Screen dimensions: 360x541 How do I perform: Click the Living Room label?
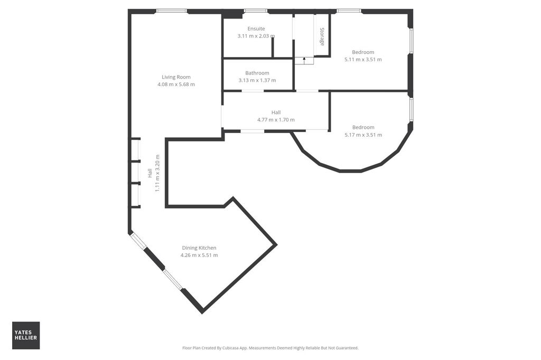tap(176, 77)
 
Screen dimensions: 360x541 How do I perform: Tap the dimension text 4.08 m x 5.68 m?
tap(176, 84)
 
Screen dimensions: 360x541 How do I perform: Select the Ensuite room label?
tap(256, 29)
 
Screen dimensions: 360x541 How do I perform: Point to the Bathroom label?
tap(257, 73)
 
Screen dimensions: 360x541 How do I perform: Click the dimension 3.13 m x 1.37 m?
tap(257, 80)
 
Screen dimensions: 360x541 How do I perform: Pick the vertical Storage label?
tap(322, 36)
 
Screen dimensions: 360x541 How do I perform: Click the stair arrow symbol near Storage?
tap(304, 60)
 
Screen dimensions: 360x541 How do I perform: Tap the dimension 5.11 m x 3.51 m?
tap(363, 60)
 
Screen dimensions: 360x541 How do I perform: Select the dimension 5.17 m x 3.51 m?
tap(363, 135)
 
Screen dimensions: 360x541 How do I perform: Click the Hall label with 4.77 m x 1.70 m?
tap(276, 112)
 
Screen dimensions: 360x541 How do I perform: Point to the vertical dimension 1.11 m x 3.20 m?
tap(157, 173)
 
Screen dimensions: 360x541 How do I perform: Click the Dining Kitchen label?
tap(199, 248)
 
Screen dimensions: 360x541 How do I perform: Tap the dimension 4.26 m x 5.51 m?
tap(199, 255)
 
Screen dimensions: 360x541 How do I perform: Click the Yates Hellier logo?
tap(26, 335)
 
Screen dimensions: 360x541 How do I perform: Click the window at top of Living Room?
tap(171, 11)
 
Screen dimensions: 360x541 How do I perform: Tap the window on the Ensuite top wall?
tap(255, 11)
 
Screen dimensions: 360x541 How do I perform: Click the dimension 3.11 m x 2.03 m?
tap(256, 36)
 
